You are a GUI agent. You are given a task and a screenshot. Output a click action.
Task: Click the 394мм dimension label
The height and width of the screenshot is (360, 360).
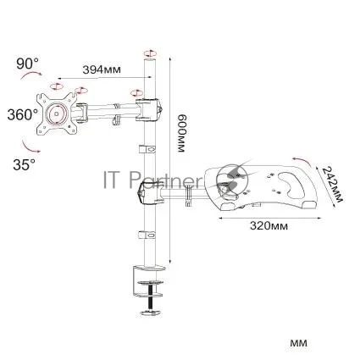(102, 69)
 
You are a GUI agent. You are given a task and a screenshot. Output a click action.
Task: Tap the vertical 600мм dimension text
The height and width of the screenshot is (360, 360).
(181, 133)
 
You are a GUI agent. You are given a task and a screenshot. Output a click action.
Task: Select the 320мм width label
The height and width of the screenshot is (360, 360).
(269, 225)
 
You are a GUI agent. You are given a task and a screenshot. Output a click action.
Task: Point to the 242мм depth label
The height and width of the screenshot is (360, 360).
(332, 185)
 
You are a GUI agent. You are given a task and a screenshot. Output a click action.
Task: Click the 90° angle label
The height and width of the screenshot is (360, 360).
(28, 64)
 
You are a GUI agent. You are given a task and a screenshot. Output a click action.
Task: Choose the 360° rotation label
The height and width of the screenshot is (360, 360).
(23, 115)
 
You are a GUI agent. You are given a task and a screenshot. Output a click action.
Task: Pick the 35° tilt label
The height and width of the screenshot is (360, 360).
(25, 164)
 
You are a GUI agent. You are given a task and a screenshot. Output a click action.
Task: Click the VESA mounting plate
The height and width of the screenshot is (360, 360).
(57, 114)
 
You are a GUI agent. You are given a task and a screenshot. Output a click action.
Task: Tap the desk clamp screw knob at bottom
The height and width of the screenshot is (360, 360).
(152, 313)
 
